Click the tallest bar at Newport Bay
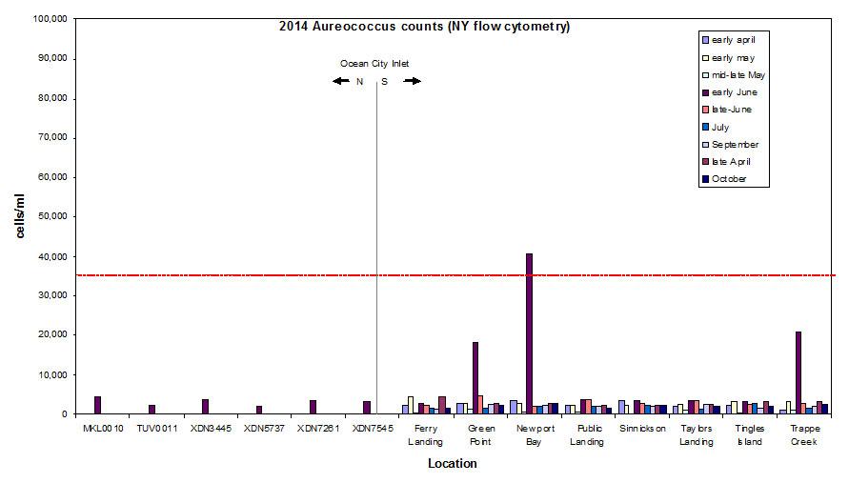click(529, 333)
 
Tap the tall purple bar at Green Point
click(475, 377)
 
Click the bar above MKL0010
click(97, 405)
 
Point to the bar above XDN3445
click(205, 407)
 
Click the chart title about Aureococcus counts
click(424, 27)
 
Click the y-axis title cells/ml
click(21, 216)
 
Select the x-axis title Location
click(452, 464)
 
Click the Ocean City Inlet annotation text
click(374, 64)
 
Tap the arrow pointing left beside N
click(341, 81)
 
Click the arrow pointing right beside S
click(412, 81)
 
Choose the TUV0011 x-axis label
click(152, 429)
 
